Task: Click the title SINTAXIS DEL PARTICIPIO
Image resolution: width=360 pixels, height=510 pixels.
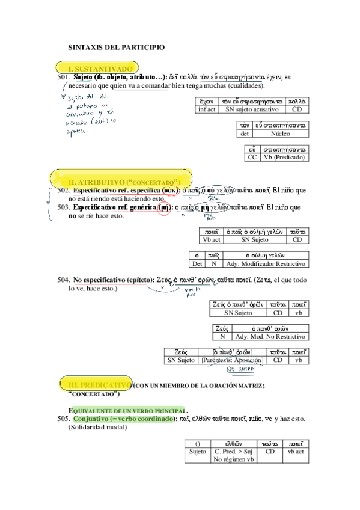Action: pyautogui.click(x=117, y=47)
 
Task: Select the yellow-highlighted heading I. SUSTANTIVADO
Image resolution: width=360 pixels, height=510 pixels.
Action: pyautogui.click(x=99, y=69)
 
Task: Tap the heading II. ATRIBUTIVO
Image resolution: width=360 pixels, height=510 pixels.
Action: pyautogui.click(x=124, y=181)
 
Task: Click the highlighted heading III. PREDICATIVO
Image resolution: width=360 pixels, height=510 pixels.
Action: pyautogui.click(x=99, y=384)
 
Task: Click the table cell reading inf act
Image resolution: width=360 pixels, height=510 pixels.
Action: pyautogui.click(x=207, y=110)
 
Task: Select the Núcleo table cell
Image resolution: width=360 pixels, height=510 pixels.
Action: pyautogui.click(x=280, y=134)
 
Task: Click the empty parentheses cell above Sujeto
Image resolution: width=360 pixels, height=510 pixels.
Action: pyautogui.click(x=198, y=441)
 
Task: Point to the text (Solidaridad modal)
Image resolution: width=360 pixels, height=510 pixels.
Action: pyautogui.click(x=95, y=428)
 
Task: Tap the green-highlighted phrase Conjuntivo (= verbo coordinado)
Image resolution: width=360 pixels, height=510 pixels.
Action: pyautogui.click(x=123, y=418)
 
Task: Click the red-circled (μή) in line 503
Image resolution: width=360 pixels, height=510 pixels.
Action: pyautogui.click(x=163, y=207)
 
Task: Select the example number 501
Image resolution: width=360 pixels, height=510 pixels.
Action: pyautogui.click(x=64, y=78)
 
